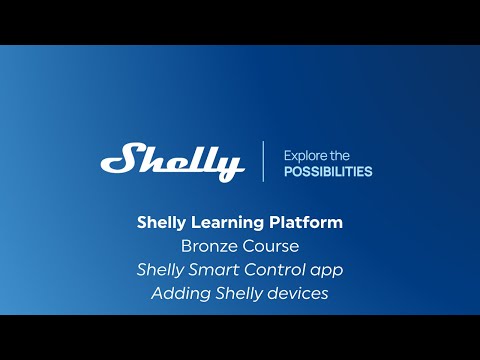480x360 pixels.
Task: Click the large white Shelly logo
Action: (x=172, y=161)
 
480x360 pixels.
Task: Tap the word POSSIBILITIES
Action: (x=328, y=171)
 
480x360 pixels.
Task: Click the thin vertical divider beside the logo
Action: (x=264, y=161)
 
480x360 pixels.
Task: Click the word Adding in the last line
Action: (x=176, y=293)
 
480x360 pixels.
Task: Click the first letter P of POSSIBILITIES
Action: (x=288, y=171)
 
